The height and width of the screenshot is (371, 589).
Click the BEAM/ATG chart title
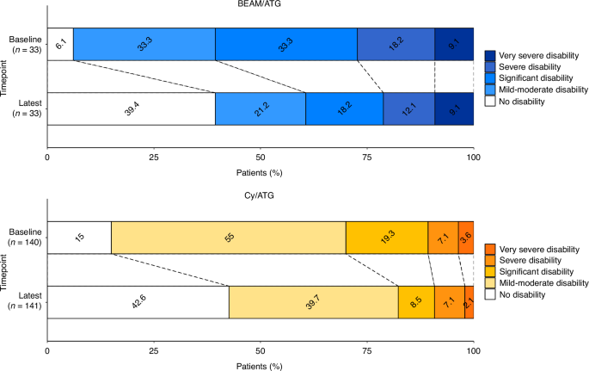pyautogui.click(x=260, y=7)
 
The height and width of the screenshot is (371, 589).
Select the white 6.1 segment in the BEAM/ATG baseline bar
pyautogui.click(x=59, y=45)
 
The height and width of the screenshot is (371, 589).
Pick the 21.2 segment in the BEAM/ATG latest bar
pyautogui.click(x=260, y=108)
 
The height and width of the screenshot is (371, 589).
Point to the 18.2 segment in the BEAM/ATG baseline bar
pyautogui.click(x=396, y=45)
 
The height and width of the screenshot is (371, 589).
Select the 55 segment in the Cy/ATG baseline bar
pyautogui.click(x=228, y=238)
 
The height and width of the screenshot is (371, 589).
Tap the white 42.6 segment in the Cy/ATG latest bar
pyautogui.click(x=138, y=302)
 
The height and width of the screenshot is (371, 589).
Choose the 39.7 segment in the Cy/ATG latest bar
pyautogui.click(x=313, y=302)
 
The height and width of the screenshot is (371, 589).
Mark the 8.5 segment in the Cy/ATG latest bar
pyautogui.click(x=416, y=302)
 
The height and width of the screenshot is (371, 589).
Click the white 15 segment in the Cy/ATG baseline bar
pyautogui.click(x=78, y=238)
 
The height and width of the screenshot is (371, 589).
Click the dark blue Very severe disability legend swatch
pyautogui.click(x=490, y=54)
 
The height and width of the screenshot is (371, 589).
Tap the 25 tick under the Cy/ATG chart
pyautogui.click(x=153, y=352)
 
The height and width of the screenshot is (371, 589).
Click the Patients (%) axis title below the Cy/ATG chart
pyautogui.click(x=260, y=365)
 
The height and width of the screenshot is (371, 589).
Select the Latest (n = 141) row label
pyautogui.click(x=23, y=302)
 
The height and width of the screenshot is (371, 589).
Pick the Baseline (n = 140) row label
pyautogui.click(x=23, y=238)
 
